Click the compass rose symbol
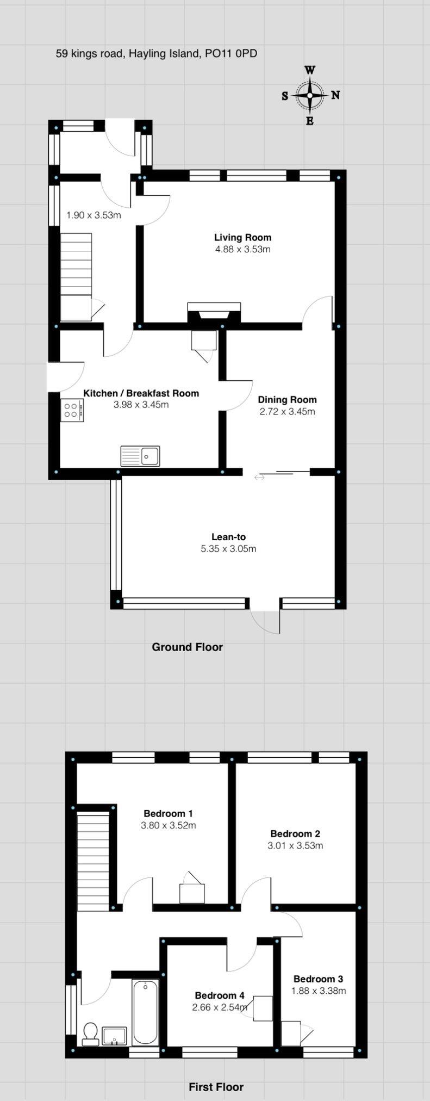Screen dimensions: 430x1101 pos(310,95)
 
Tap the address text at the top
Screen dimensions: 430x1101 pos(157,53)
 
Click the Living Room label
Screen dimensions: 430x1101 pos(242,237)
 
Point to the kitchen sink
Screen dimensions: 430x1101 pos(140,456)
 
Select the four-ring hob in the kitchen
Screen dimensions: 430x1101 pos(72,410)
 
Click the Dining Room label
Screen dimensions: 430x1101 pos(287,399)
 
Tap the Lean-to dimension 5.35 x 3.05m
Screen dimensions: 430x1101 pos(228,548)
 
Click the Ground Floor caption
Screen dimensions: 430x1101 pos(187,647)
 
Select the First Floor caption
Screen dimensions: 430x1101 pos(216,1086)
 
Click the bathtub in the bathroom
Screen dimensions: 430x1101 pos(145,1012)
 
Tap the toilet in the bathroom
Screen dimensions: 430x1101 pos(91,1034)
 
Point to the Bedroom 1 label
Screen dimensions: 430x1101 pos(168,813)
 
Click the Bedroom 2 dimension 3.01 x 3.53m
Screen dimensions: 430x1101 pos(295,845)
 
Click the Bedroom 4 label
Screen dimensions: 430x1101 pos(220,995)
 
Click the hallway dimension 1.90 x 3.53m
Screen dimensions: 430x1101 pos(94,215)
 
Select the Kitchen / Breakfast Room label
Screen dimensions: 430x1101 pos(141,393)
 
